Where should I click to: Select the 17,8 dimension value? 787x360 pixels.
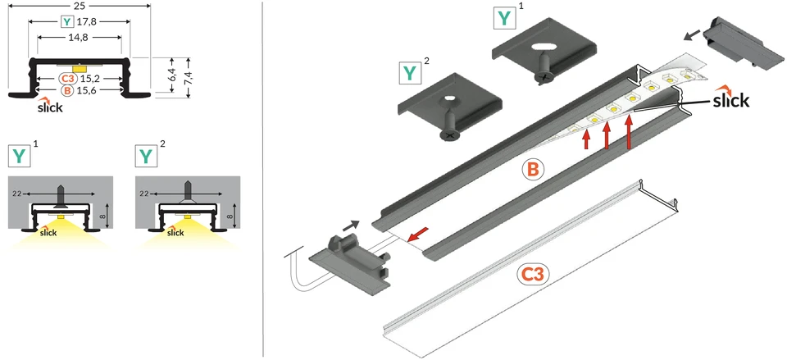[x=86, y=21]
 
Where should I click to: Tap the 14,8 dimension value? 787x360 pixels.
[x=80, y=38]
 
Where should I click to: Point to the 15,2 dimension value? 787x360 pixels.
[x=89, y=79]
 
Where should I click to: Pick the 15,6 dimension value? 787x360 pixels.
[x=86, y=91]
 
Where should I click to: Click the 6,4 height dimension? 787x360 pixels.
[x=171, y=76]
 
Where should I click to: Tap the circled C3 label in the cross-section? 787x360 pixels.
[x=68, y=79]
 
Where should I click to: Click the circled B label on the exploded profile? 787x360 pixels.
[x=533, y=170]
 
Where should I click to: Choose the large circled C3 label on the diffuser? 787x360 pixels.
[x=533, y=274]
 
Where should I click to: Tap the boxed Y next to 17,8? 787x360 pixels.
[x=67, y=21]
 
